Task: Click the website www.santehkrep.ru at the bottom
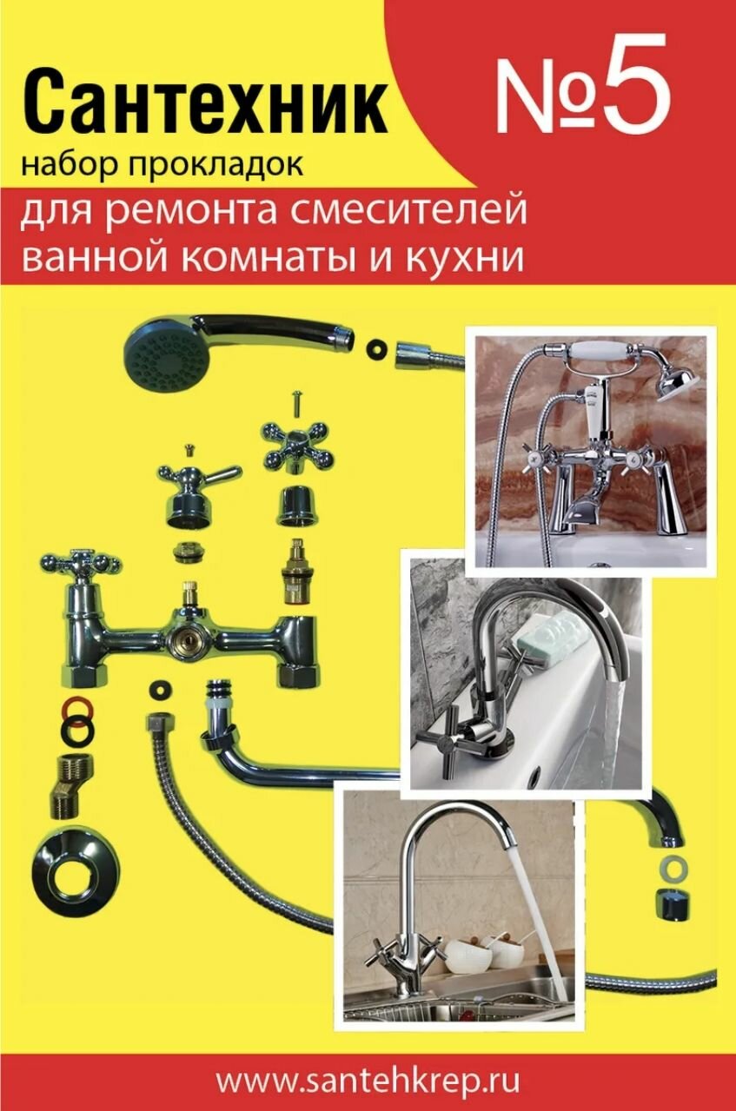click(368, 1081)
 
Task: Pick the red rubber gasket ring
click(75, 705)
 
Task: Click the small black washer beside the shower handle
click(377, 345)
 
